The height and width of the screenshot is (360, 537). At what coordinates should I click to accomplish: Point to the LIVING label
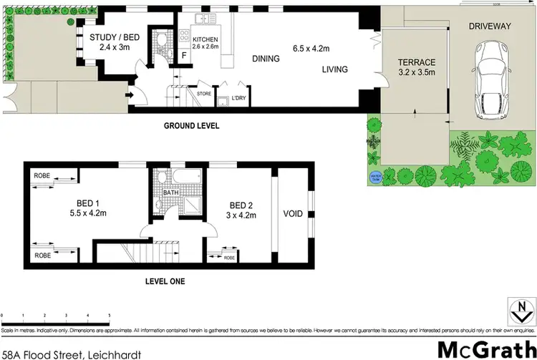pos(334,69)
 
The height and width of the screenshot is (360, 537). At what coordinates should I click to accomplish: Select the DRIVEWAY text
pos(490,26)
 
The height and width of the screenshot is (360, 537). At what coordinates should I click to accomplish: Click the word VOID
pos(293,213)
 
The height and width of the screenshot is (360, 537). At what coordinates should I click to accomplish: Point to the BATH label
pos(170,193)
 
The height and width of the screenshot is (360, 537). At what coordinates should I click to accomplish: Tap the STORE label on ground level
pos(203,93)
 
